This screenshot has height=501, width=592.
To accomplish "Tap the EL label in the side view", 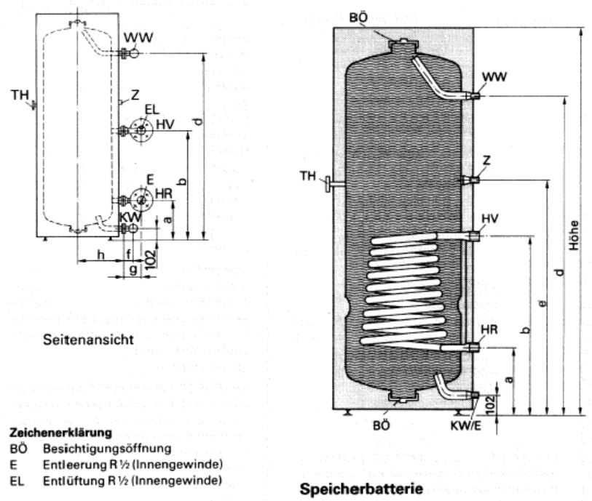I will pos(151,110).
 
